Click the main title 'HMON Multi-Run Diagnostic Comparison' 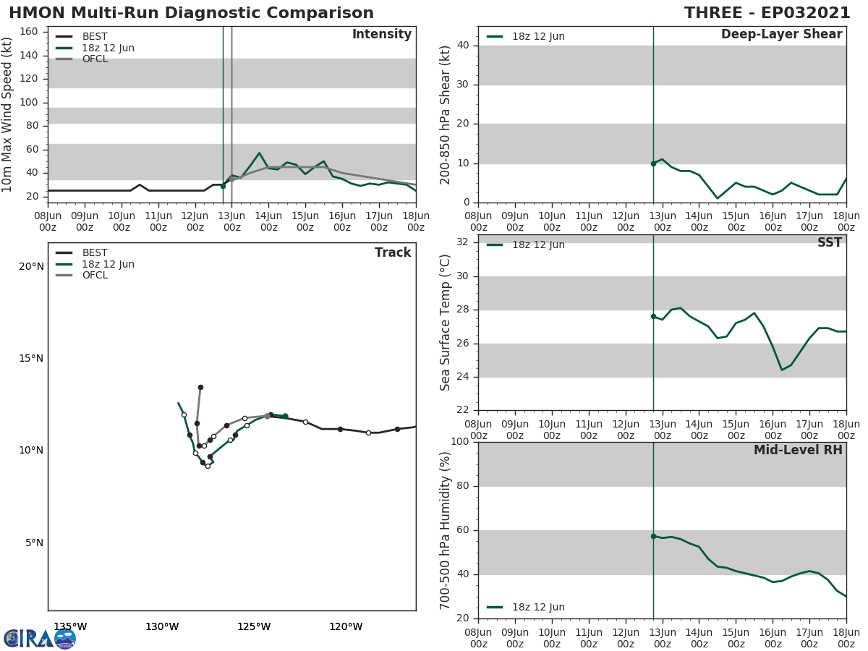[x=191, y=13]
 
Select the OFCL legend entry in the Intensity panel [x=95, y=59]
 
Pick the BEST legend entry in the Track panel [x=95, y=253]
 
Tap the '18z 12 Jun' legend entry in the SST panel [x=538, y=245]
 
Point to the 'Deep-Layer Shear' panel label [x=781, y=35]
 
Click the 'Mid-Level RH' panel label [x=798, y=451]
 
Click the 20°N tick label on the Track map [x=31, y=267]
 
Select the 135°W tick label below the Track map [x=70, y=626]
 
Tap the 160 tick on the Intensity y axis [x=29, y=32]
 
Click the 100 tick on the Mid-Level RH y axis [x=459, y=442]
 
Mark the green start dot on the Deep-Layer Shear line [x=653, y=163]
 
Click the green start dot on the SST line [x=653, y=316]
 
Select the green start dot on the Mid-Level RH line [x=653, y=536]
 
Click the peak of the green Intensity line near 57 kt [x=259, y=153]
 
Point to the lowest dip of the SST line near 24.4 [x=782, y=370]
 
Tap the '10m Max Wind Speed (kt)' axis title [x=8, y=114]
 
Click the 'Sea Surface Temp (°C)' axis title [x=446, y=323]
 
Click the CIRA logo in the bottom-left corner [x=40, y=639]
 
